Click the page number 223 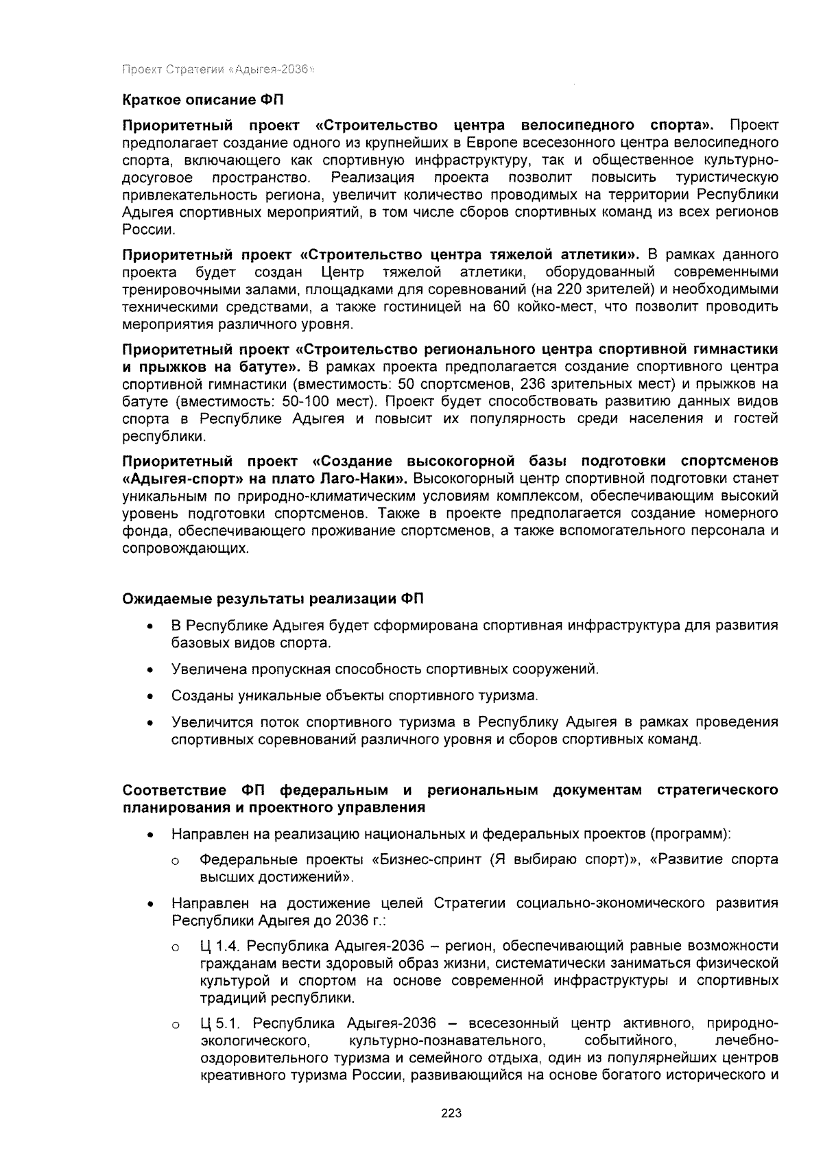451,1113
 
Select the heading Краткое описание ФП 202,99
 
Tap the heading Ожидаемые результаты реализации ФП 273,599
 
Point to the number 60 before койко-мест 500,306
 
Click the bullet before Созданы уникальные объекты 149,697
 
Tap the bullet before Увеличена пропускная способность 149,669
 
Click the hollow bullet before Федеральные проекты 176,861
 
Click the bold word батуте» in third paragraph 272,366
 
